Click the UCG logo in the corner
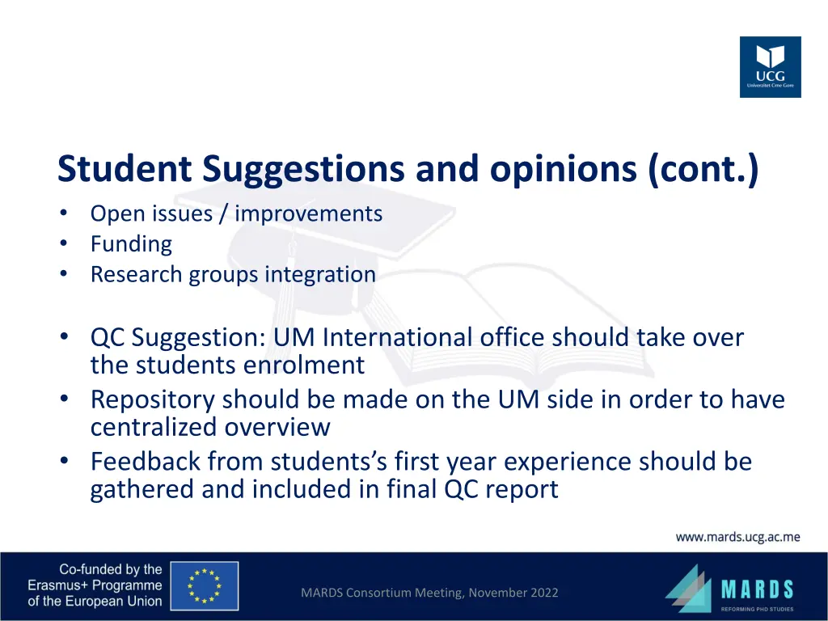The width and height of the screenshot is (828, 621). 770,67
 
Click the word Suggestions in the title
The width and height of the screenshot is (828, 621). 303,169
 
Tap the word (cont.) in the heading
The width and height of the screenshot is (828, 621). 703,169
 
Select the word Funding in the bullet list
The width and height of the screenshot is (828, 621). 131,244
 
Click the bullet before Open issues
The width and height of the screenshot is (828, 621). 64,214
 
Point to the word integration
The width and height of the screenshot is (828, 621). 323,275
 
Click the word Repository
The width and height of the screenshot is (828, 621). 153,400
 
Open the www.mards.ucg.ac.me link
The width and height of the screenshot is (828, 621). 737,537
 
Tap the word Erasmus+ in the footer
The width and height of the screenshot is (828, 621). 61,585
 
